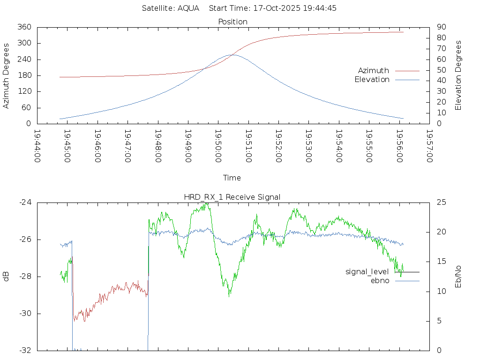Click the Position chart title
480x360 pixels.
[x=232, y=22]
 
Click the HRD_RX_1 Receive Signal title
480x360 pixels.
[x=232, y=197]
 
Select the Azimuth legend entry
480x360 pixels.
[x=374, y=71]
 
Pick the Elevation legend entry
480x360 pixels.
[x=372, y=80]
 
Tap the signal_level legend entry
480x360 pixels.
[x=367, y=272]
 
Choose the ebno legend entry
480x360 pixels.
[x=380, y=281]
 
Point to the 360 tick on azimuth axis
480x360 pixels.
[x=24, y=27]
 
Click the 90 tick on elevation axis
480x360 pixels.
[x=441, y=27]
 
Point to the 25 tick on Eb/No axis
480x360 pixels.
[x=441, y=202]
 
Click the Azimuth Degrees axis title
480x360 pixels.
[x=7, y=75]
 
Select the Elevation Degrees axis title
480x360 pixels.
[x=459, y=75]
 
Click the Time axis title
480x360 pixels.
[x=232, y=178]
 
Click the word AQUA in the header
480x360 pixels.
[x=189, y=8]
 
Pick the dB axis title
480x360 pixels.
[x=7, y=277]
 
